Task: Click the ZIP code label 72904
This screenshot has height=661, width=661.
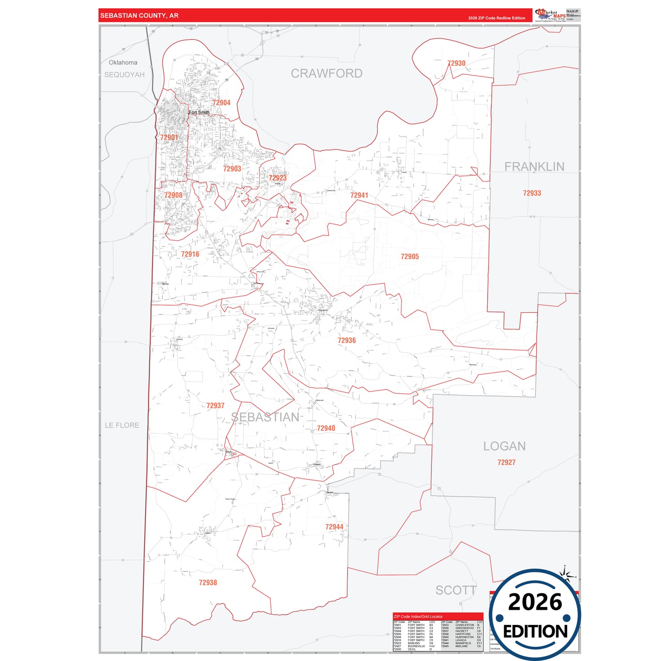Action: pos(221,103)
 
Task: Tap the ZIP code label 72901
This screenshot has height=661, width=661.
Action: pos(169,137)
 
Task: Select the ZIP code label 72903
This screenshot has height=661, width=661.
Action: pos(232,169)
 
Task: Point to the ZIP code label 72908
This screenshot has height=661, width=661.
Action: pos(173,195)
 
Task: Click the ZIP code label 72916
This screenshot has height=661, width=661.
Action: pos(190,254)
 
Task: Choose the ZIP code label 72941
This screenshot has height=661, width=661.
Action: pos(359,195)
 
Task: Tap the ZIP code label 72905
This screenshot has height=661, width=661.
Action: pos(409,257)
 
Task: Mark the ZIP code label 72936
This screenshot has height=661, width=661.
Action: pos(347,340)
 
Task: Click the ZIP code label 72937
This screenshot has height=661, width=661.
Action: pos(215,406)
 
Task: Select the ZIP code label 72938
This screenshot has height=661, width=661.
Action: pos(208,583)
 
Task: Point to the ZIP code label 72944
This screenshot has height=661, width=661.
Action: pos(334,527)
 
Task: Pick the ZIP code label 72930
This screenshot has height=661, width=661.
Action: pos(456,64)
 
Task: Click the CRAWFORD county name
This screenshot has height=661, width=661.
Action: pos(327,74)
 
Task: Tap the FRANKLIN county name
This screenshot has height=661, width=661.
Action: pos(534,167)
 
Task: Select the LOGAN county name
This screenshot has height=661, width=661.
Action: pos(505,446)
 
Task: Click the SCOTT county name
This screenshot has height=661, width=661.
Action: pos(456,591)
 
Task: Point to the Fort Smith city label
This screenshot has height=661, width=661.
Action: pos(199,113)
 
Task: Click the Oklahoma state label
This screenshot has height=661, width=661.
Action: pos(123,63)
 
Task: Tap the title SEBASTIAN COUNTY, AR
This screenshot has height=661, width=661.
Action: pos(139,16)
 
